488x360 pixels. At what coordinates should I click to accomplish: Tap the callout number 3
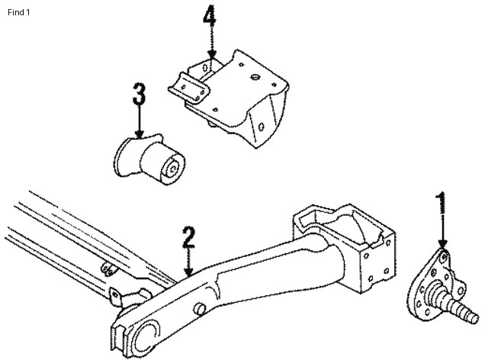tap(139, 97)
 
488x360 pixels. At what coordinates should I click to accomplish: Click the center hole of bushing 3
tap(175, 163)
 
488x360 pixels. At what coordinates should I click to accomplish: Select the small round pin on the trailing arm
tap(201, 309)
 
